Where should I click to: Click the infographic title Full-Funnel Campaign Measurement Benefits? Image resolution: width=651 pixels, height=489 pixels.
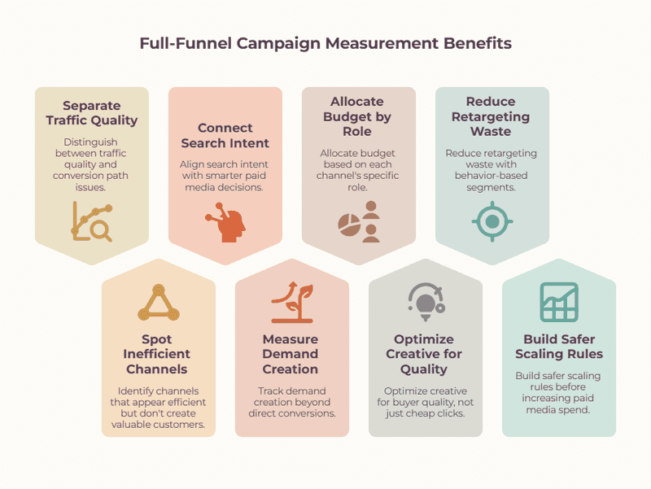point(325,44)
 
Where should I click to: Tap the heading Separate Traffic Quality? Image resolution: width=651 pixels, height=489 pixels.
point(92,113)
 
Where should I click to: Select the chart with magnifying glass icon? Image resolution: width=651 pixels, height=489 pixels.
point(92,221)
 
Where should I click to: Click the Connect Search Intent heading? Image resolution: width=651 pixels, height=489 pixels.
point(225,135)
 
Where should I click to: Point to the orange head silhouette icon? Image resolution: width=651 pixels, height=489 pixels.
point(225,222)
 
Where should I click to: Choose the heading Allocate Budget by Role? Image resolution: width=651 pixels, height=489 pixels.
point(357,116)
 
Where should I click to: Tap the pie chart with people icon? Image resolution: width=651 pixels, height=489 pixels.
point(359,221)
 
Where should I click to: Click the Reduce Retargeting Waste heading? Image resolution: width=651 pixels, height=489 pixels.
point(491,116)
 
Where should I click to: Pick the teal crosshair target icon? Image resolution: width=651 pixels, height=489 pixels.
point(492,221)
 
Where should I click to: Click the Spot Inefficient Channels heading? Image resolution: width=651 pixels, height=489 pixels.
point(157,354)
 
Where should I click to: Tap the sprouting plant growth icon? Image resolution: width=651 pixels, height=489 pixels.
point(292,302)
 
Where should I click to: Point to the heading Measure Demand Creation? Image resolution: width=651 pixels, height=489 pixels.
point(291,354)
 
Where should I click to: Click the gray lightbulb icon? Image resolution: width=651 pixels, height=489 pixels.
point(426,302)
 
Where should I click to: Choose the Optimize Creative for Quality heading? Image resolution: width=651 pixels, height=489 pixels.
point(424,354)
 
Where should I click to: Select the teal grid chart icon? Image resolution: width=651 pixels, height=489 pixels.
point(559,302)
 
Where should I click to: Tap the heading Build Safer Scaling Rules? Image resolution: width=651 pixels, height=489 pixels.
point(559,347)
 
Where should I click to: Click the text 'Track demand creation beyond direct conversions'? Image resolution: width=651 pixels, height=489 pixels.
point(292,402)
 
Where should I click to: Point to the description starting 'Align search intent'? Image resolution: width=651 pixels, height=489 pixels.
point(225,176)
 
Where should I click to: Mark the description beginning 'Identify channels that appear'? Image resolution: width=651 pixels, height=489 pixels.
point(158,408)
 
